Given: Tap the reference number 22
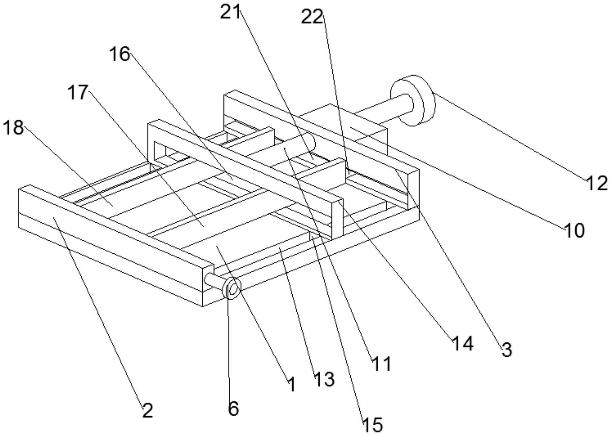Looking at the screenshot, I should point(312,17).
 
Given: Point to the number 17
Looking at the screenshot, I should point(78,92).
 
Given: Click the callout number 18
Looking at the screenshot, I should point(13,128).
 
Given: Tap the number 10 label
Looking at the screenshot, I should point(574,231).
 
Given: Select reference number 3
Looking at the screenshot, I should point(506,349).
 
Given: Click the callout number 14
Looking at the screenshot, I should point(463,344).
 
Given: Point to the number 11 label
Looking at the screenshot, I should point(381,364).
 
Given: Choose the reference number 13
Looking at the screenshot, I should point(324,380).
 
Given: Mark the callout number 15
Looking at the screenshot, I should point(373,425).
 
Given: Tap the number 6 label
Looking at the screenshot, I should point(233,408).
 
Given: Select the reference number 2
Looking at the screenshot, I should point(147,411).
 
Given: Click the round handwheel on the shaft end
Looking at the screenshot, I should point(413,100).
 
